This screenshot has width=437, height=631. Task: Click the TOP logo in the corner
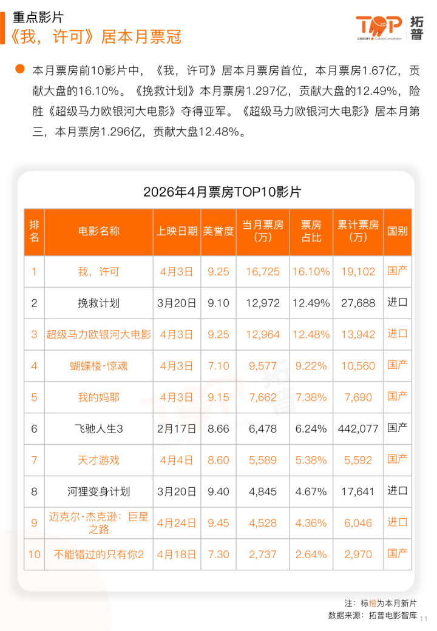[x=389, y=28]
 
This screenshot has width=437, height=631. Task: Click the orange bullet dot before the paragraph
[x=20, y=69]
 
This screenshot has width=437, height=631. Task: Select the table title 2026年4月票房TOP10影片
[x=222, y=192]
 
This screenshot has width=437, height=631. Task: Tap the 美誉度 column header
[x=218, y=231]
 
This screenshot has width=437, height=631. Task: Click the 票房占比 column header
[x=311, y=231]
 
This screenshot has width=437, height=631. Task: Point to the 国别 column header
[x=397, y=231]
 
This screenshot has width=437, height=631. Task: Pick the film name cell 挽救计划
[x=98, y=303]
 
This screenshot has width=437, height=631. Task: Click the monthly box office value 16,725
[x=263, y=272]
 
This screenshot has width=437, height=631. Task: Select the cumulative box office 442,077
[x=358, y=428]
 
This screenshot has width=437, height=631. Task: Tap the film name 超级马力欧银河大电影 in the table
[x=98, y=334]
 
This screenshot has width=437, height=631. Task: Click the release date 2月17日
[x=177, y=428]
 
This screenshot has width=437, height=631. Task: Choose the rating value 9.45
[x=218, y=523]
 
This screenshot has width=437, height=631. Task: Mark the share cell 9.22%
[x=311, y=366]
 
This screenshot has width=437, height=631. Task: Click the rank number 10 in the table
[x=34, y=554]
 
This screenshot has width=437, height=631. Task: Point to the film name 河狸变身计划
[x=98, y=491]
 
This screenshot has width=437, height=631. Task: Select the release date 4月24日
[x=177, y=523]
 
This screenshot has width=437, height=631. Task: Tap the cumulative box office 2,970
[x=358, y=554]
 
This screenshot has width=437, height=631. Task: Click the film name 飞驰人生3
[x=98, y=428]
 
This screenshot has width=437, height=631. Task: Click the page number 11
[x=424, y=619]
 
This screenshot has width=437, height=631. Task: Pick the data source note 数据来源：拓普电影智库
[x=373, y=615]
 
